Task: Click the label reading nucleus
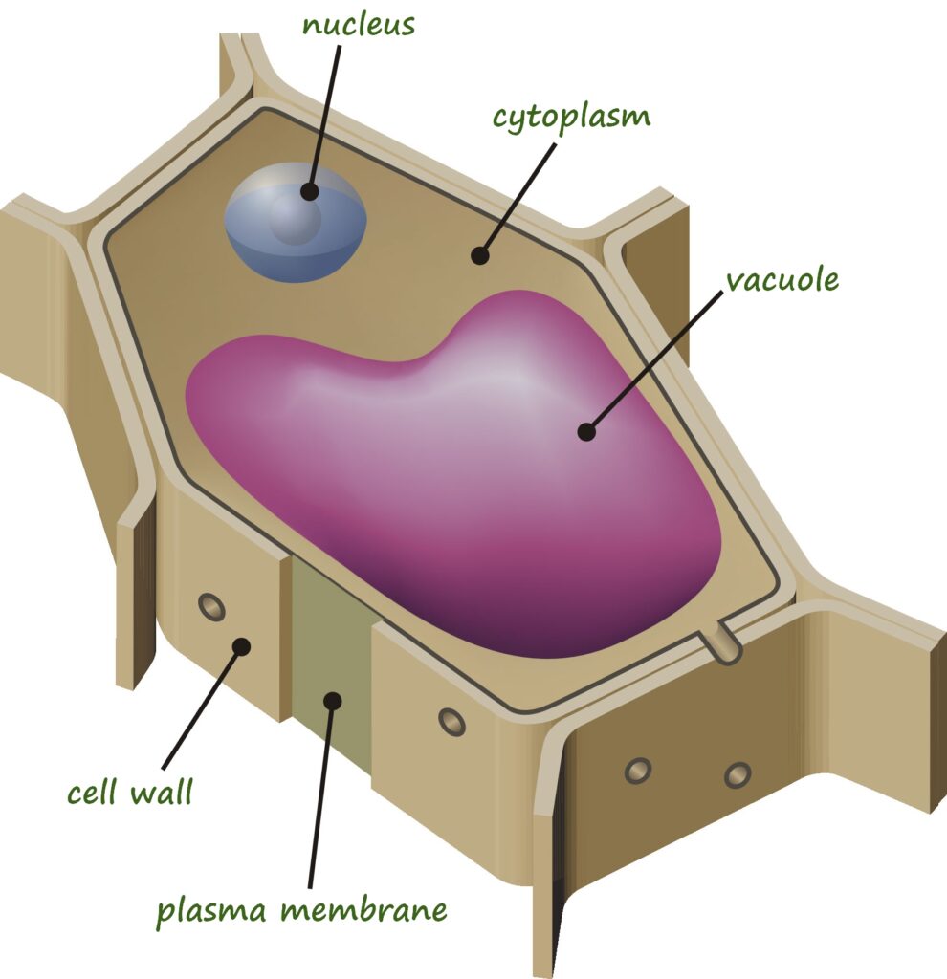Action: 359,25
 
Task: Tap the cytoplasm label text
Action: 571,118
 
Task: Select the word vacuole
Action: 782,280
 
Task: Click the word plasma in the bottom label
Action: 212,909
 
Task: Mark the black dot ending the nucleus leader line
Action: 309,191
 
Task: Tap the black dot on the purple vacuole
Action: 586,431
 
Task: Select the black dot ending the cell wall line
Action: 241,646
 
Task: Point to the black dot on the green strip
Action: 333,700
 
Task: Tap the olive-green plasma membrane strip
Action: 330,650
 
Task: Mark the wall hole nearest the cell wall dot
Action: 210,606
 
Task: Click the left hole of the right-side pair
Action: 637,770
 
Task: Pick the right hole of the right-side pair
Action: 738,773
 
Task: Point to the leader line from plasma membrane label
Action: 321,794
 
